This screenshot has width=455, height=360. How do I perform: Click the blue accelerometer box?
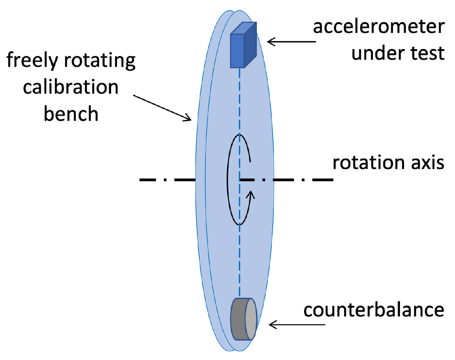243,46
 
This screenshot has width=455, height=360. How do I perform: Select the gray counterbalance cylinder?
243,319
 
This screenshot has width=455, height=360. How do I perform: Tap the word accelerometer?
379,27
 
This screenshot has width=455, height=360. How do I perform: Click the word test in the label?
427,53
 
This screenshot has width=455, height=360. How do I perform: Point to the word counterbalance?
373,310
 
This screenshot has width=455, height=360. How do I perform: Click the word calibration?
71,87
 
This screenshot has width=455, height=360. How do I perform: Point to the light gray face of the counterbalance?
250,319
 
